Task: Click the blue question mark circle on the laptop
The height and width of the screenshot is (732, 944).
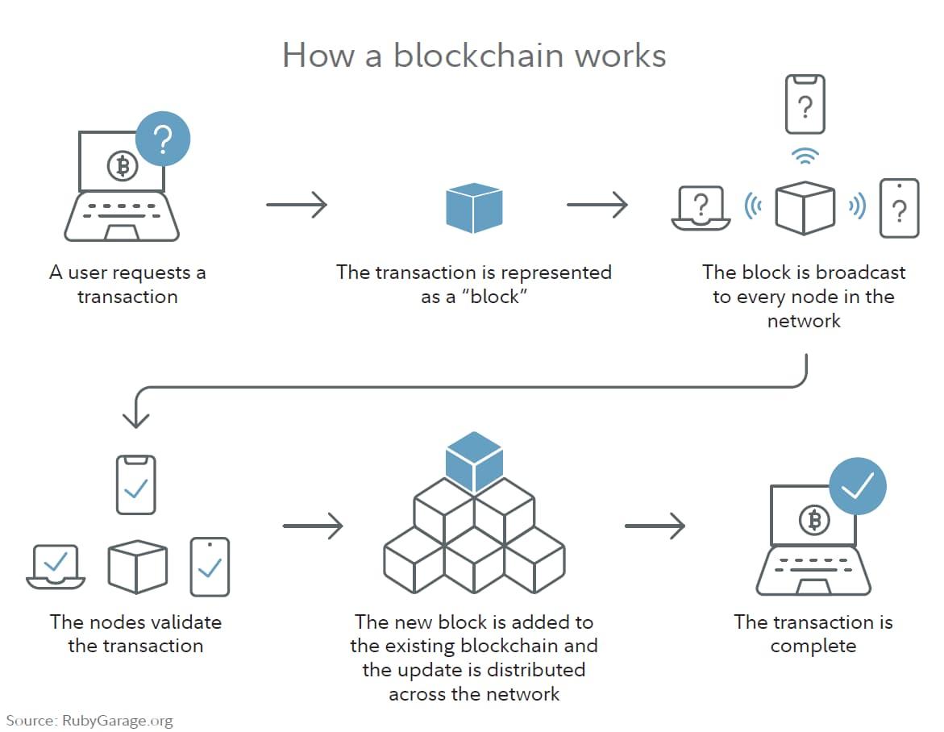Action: [163, 139]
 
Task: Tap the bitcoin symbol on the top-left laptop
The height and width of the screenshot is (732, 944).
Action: [123, 165]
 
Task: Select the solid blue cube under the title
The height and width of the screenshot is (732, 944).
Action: [474, 208]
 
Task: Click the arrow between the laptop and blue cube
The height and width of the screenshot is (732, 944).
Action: [296, 205]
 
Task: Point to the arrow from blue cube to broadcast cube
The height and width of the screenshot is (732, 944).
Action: [597, 205]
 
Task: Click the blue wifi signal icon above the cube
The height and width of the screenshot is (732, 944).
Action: [805, 156]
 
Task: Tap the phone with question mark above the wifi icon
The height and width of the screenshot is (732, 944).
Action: [805, 104]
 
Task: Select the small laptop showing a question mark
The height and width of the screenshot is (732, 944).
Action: [701, 208]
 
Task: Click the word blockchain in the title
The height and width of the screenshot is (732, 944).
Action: [479, 56]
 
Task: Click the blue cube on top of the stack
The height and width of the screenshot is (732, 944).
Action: [474, 462]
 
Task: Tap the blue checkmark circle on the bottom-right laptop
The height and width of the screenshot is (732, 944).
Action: [857, 486]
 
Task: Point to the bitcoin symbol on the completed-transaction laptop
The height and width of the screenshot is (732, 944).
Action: [814, 519]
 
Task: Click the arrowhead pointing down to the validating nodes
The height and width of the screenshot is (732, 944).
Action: [135, 419]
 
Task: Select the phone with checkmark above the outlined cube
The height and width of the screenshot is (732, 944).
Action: [136, 485]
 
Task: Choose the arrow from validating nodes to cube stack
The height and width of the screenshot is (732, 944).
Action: [313, 526]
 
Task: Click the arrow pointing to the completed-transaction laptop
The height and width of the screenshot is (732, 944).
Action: [655, 526]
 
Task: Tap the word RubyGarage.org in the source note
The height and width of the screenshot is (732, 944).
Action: [118, 721]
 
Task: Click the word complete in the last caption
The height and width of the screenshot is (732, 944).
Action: [813, 647]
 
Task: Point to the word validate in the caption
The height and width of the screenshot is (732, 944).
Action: [187, 622]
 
